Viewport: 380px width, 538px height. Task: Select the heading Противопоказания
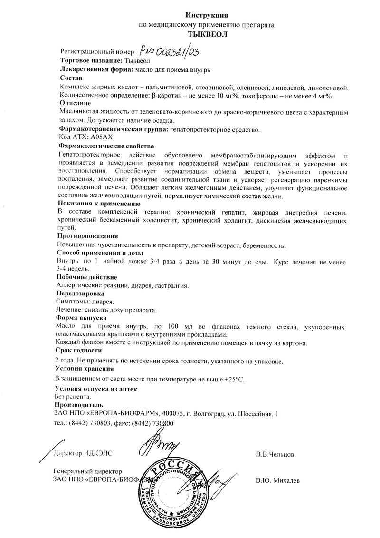click(88, 236)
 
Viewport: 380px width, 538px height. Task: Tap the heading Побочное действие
click(87, 276)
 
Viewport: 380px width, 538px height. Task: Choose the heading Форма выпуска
click(81, 317)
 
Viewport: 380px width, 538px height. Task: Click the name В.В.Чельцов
click(275, 454)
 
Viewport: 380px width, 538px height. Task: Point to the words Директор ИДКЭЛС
click(84, 453)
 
